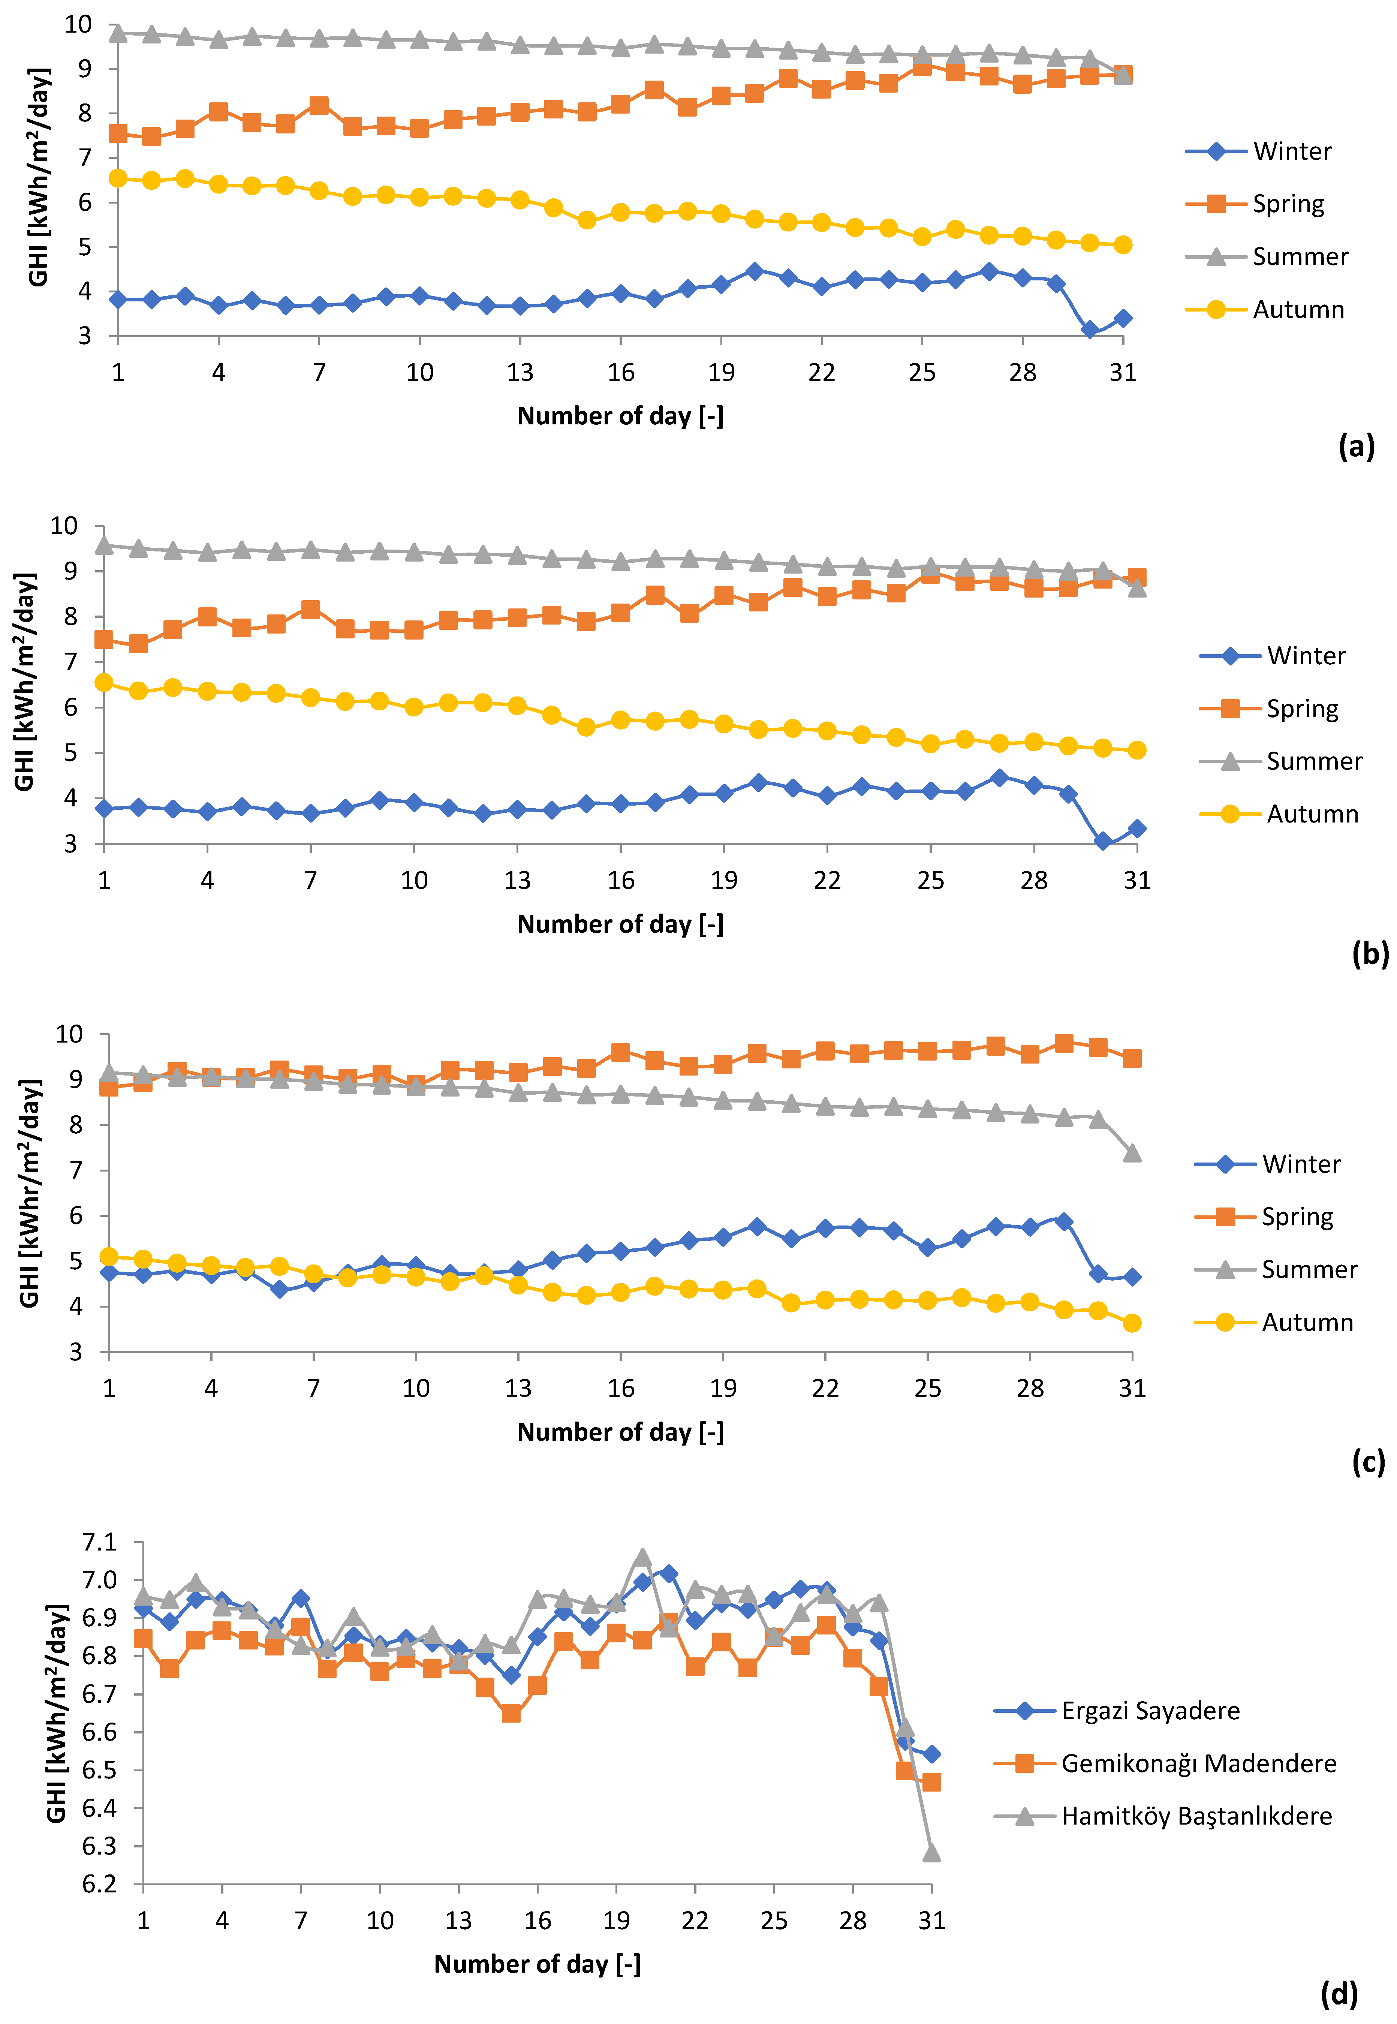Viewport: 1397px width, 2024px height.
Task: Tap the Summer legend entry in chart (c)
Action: click(1309, 1269)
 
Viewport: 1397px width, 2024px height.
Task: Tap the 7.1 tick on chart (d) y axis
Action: click(99, 1542)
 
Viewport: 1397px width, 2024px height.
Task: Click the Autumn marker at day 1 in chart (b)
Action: click(104, 682)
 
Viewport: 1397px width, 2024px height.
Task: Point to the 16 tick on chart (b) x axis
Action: click(621, 880)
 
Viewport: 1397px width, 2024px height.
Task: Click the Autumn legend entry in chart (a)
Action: click(1297, 310)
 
